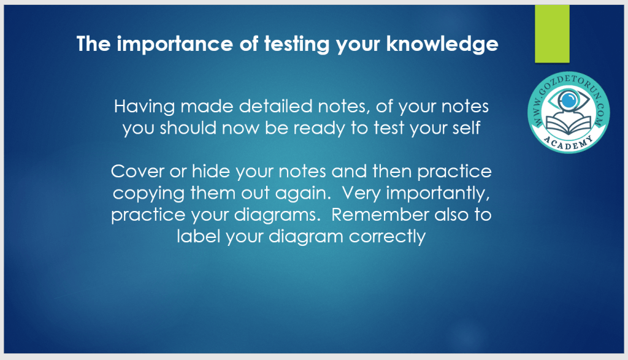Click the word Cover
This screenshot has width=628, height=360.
pyautogui.click(x=137, y=171)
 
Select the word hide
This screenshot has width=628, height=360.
pyautogui.click(x=211, y=171)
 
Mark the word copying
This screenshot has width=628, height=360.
pyautogui.click(x=148, y=193)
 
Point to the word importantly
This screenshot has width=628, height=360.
pyautogui.click(x=438, y=193)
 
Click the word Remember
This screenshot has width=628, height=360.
pyautogui.click(x=380, y=214)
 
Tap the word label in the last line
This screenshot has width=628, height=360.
pyautogui.click(x=199, y=236)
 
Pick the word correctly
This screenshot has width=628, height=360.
pyautogui.click(x=387, y=237)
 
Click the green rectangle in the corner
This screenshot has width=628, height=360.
pyautogui.click(x=552, y=34)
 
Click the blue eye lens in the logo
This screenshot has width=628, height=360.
pyautogui.click(x=569, y=100)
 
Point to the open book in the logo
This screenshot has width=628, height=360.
pyautogui.click(x=569, y=124)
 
